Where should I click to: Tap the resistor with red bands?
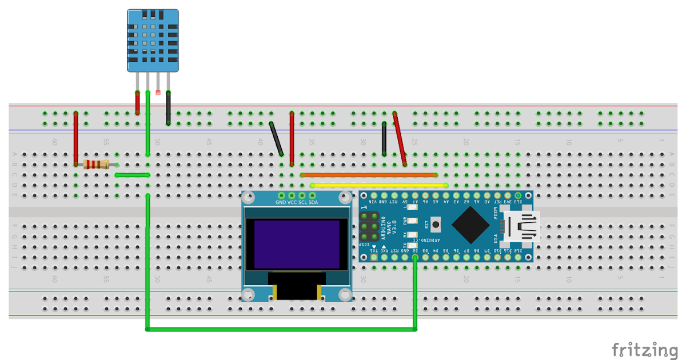(96, 165)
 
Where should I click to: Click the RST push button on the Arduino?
(436, 222)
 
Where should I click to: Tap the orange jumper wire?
(369, 175)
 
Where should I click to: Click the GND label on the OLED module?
(281, 202)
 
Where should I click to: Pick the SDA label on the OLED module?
(313, 202)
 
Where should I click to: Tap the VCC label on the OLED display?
(292, 202)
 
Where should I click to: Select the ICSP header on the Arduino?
(369, 227)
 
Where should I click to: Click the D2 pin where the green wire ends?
(415, 258)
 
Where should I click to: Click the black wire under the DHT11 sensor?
(169, 107)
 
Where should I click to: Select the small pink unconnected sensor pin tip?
(158, 92)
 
